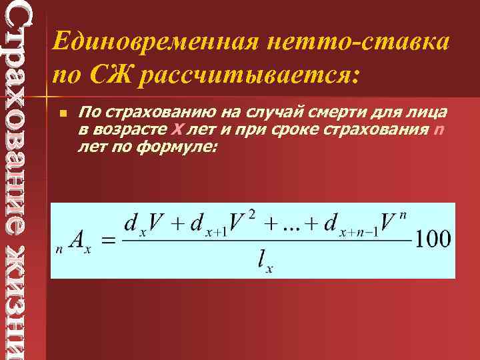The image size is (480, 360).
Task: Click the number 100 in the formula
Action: pyautogui.click(x=433, y=239)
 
